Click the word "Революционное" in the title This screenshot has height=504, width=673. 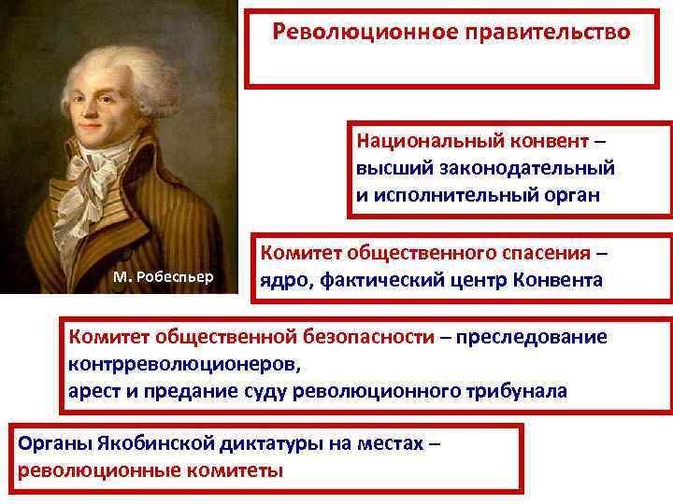pos(348,33)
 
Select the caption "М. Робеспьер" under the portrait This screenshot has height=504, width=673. pos(163,276)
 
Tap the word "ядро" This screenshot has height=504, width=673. pos(280,280)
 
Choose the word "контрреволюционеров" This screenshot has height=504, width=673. pos(169,362)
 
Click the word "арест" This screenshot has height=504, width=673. pos(93,390)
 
